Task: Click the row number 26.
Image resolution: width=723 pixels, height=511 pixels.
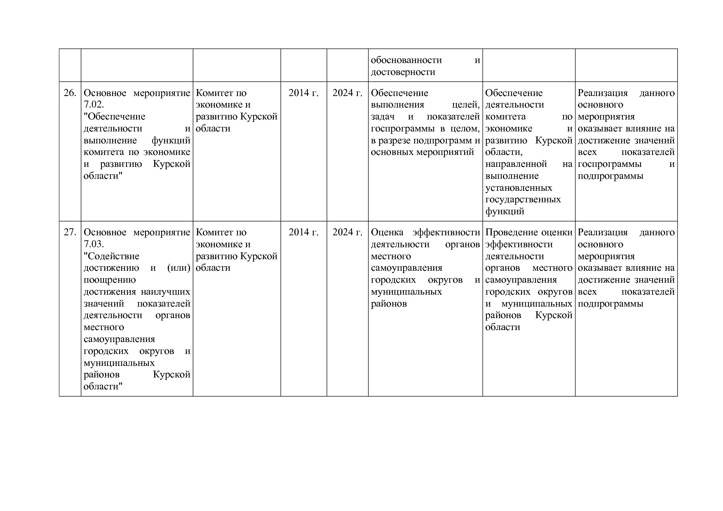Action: point(70,93)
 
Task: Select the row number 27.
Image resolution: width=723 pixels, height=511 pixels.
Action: point(70,232)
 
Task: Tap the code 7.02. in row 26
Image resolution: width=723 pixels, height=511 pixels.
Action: point(94,105)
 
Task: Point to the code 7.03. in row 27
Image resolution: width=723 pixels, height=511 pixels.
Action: point(94,244)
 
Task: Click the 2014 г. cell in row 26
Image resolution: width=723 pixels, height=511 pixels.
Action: point(303,93)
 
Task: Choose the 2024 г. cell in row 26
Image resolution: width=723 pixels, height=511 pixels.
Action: point(347,93)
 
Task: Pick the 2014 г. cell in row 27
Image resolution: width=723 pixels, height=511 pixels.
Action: point(303,232)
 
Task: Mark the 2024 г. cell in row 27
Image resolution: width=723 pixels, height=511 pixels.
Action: point(347,232)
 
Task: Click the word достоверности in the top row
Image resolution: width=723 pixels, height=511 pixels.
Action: point(403,72)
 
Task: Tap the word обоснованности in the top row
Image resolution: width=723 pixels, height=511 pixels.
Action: point(406,60)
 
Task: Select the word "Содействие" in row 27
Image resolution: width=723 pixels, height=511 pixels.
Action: point(111,256)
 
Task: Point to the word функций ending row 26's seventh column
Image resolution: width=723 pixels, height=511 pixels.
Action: point(505,212)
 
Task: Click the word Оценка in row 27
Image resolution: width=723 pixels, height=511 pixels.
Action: point(387,232)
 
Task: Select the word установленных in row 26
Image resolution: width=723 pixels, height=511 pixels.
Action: point(519,188)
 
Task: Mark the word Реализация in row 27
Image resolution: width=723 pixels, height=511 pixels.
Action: point(602,232)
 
